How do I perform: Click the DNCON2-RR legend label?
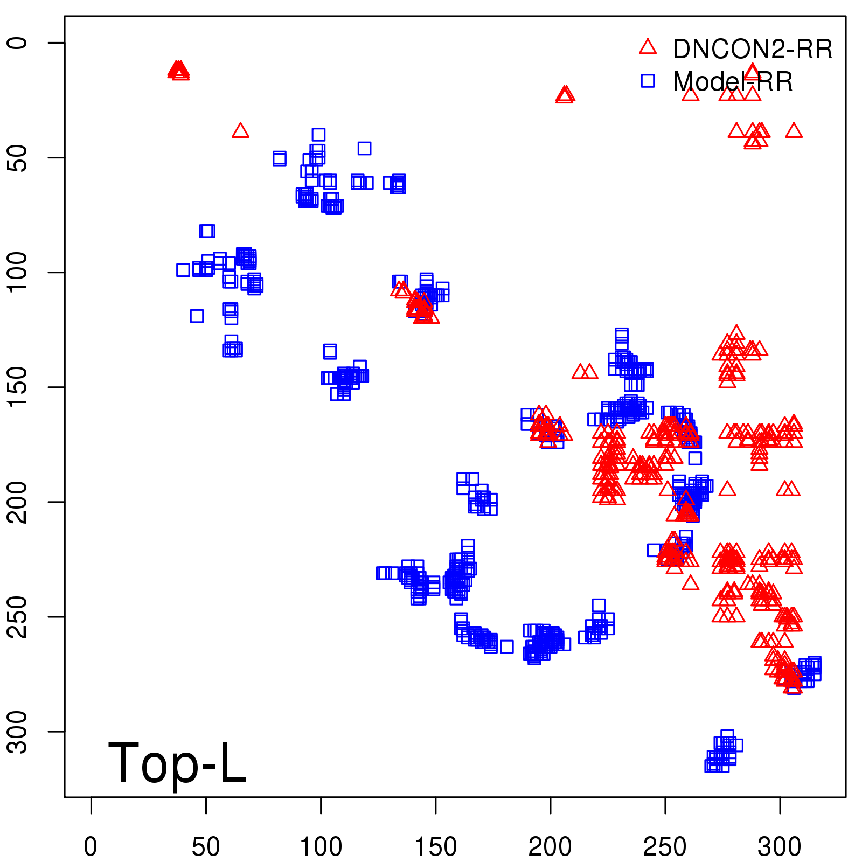point(752,50)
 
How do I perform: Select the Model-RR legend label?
point(733,82)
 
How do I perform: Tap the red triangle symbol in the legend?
point(648,47)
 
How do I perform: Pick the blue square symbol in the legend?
point(648,81)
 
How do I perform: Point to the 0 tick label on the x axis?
point(91,847)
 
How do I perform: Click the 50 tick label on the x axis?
point(206,847)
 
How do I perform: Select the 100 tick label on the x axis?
point(321,847)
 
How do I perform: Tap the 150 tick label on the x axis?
point(435,847)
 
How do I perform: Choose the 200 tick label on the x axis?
point(550,847)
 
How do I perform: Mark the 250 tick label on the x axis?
point(665,847)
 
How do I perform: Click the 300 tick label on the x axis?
point(780,847)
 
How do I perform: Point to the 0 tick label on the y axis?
point(17,43)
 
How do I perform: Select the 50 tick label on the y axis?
point(17,157)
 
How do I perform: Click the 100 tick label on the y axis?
point(17,272)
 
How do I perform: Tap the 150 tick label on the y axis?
point(17,387)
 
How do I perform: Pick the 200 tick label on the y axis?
point(17,502)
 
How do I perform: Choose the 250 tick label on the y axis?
point(17,616)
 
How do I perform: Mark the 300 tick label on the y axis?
point(17,731)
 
